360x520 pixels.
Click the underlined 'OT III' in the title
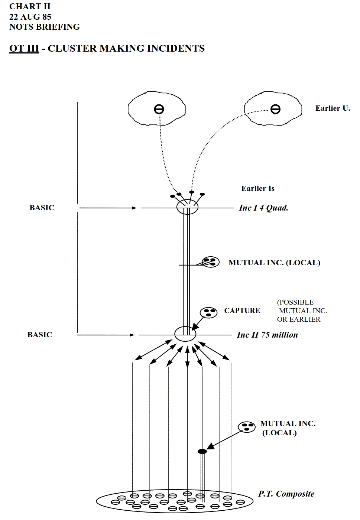pyautogui.click(x=24, y=49)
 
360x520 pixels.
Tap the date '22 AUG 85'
pyautogui.click(x=30, y=17)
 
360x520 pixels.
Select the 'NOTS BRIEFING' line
pyautogui.click(x=44, y=27)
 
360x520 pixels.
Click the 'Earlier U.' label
pyautogui.click(x=333, y=108)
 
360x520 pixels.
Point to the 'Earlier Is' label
pyautogui.click(x=258, y=188)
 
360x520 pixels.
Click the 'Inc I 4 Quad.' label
pyautogui.click(x=263, y=208)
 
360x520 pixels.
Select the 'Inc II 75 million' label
pyautogui.click(x=267, y=335)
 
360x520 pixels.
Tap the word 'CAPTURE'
pyautogui.click(x=242, y=311)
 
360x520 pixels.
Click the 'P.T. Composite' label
pyautogui.click(x=286, y=494)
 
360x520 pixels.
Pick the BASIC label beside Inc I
pyautogui.click(x=42, y=208)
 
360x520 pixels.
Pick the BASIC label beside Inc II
pyautogui.click(x=40, y=335)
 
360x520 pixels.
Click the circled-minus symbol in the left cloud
pyautogui.click(x=159, y=109)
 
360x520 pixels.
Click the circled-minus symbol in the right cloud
pyautogui.click(x=275, y=109)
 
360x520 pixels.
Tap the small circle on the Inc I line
pyautogui.click(x=187, y=207)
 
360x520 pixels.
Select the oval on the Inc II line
pyautogui.click(x=185, y=334)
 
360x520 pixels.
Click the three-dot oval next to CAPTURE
pyautogui.click(x=208, y=312)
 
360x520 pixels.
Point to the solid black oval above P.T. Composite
pyautogui.click(x=202, y=451)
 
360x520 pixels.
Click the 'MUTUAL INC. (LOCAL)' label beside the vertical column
pyautogui.click(x=274, y=263)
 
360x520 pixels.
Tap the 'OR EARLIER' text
pyautogui.click(x=298, y=319)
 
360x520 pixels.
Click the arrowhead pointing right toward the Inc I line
pyautogui.click(x=134, y=208)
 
